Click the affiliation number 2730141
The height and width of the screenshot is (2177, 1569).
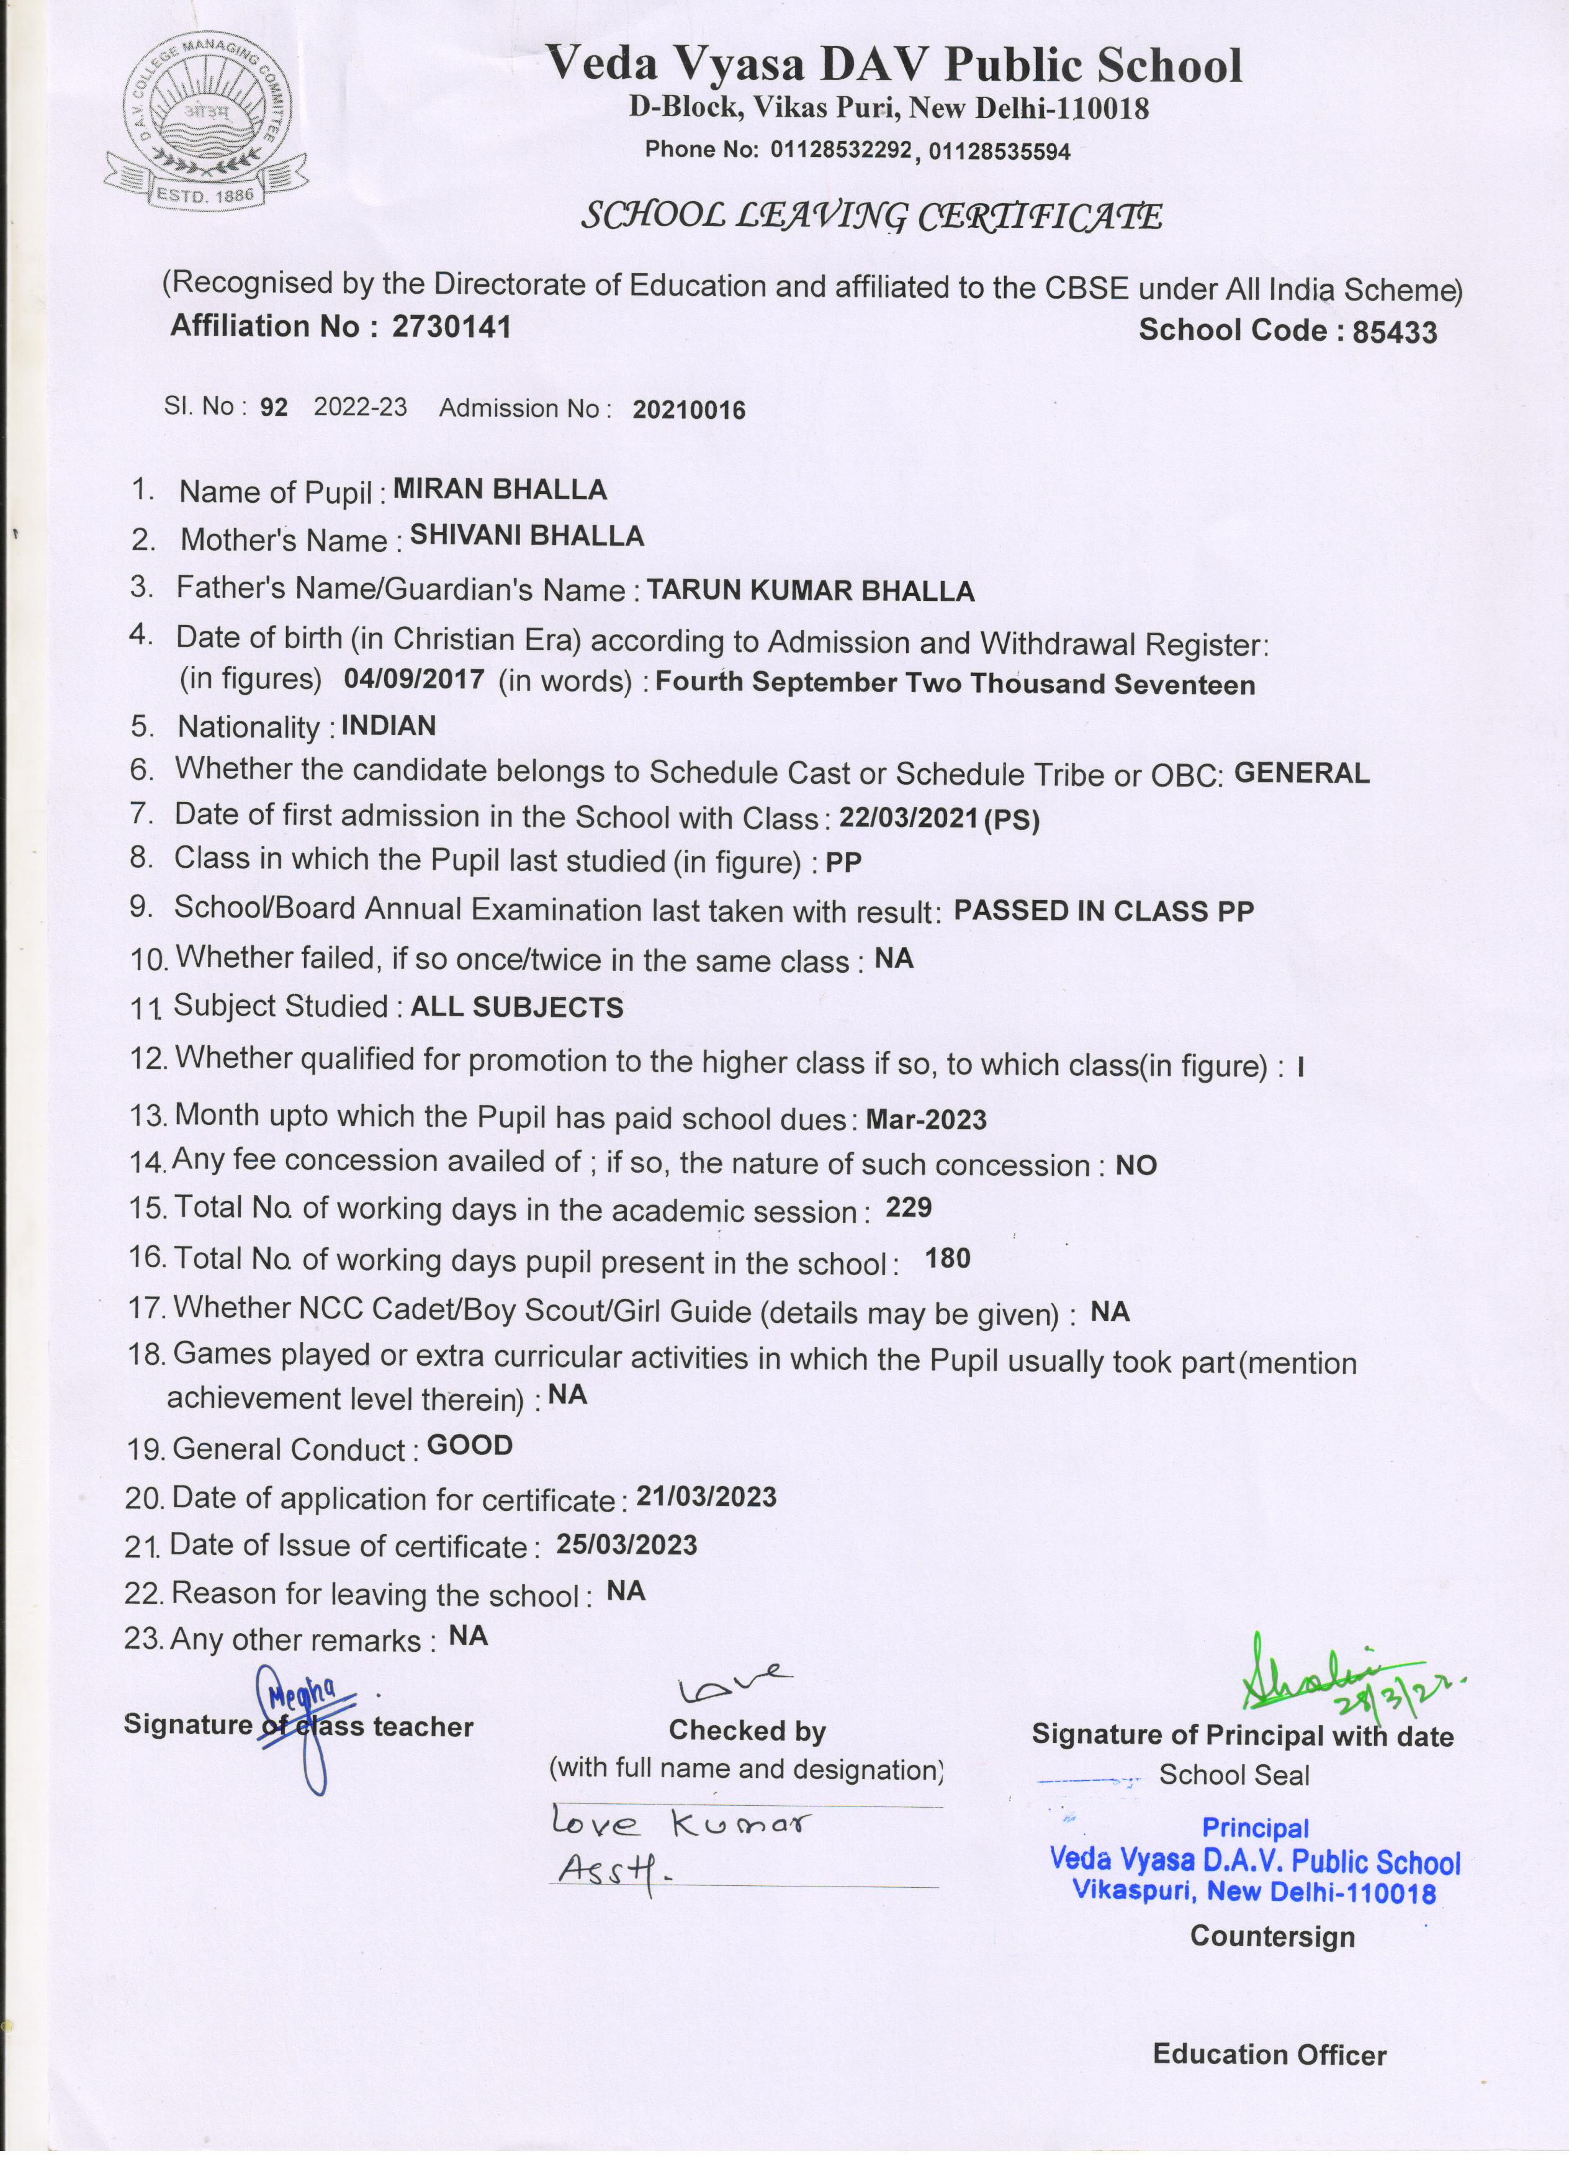[451, 327]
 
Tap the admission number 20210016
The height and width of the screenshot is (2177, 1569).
[688, 411]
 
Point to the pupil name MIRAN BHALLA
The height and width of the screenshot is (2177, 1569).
[500, 490]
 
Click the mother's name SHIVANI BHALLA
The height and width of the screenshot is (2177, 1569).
[527, 536]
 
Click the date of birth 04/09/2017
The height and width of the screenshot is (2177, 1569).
[413, 678]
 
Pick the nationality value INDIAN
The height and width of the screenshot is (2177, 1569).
[389, 726]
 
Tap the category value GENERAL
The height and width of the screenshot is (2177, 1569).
[1302, 773]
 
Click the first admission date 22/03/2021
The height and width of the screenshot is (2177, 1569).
[909, 818]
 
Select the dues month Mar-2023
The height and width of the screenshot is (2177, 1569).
[926, 1119]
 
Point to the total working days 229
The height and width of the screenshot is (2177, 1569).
[909, 1207]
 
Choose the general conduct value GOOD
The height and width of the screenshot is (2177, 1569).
[469, 1446]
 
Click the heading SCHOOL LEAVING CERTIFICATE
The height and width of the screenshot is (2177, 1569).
[871, 217]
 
